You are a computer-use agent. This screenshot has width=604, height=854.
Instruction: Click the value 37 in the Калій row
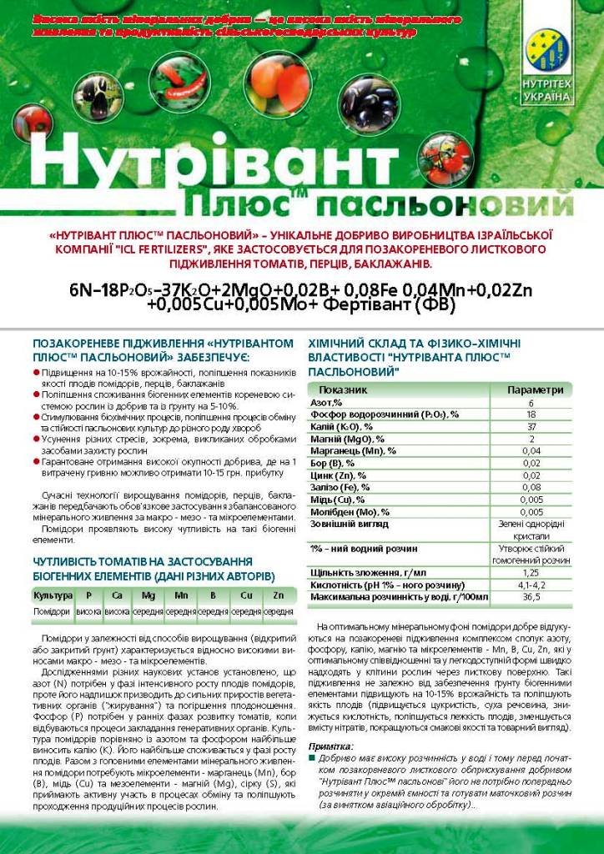[531, 426]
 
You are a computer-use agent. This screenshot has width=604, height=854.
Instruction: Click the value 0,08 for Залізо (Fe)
[531, 487]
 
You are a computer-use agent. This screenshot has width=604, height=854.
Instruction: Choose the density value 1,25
[531, 573]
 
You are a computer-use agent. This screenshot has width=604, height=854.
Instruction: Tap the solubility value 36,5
[531, 597]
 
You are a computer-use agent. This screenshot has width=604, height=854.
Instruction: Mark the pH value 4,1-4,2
[531, 585]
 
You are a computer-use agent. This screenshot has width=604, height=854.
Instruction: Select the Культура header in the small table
[53, 595]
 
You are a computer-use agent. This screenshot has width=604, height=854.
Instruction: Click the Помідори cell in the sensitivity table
[53, 611]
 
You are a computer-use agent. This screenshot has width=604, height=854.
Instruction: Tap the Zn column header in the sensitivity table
[278, 595]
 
